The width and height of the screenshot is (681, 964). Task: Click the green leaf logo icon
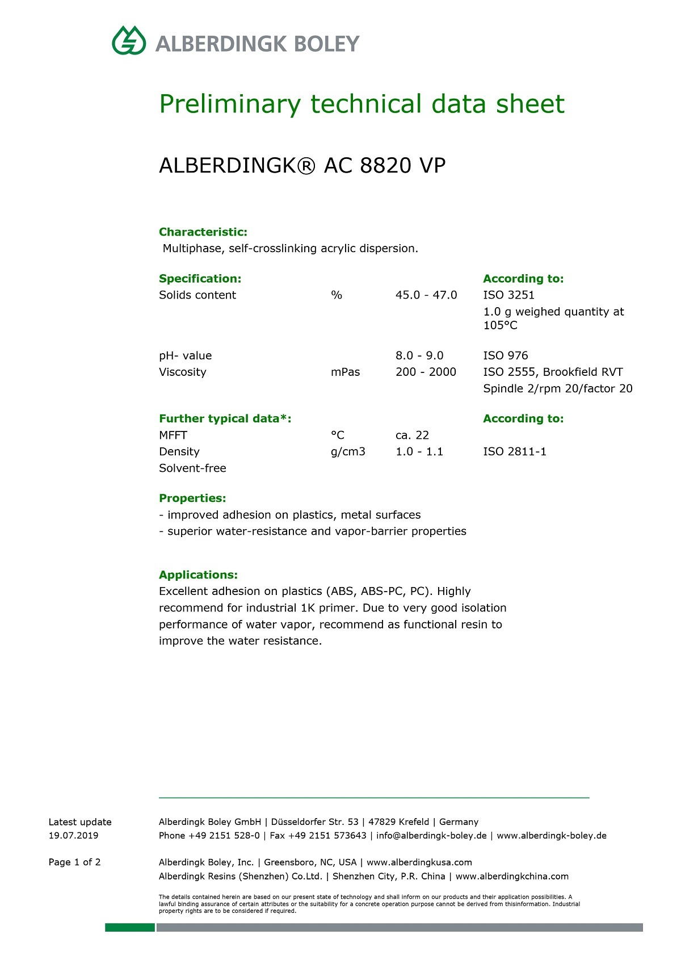(x=129, y=40)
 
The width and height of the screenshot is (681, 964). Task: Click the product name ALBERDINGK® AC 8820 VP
(x=302, y=166)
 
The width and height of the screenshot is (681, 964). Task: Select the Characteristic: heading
(x=203, y=232)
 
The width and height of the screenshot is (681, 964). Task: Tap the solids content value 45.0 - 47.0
(x=426, y=295)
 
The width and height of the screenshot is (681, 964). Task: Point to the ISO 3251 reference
(x=508, y=295)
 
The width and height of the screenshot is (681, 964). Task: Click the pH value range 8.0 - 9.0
(x=419, y=356)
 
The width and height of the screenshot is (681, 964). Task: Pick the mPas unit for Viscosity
(x=345, y=372)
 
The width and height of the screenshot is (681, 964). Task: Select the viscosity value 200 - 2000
(x=426, y=372)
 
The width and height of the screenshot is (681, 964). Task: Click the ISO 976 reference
(x=505, y=356)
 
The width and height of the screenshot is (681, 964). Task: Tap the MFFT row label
(x=173, y=435)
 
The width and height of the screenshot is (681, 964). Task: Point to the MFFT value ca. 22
(x=412, y=435)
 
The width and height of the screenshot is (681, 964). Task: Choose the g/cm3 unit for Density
(x=348, y=452)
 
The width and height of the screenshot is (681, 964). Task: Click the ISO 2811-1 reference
(x=515, y=452)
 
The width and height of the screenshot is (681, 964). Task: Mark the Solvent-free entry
(x=192, y=468)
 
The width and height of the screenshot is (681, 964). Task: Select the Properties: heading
(x=192, y=498)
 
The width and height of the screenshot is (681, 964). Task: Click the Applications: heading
(x=198, y=575)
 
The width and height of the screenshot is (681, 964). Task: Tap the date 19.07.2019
(x=73, y=836)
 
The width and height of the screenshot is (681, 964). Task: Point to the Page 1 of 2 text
(x=74, y=862)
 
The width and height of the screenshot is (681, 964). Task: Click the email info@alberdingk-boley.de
(x=431, y=836)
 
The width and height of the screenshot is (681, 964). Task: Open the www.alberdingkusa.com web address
(x=419, y=862)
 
